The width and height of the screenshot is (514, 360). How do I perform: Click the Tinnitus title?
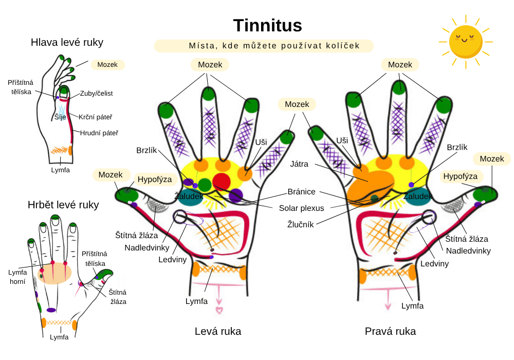pos(267,25)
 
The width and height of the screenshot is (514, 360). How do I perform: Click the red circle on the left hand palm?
pos(222,181)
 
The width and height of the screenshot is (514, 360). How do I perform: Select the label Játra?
pos(299,165)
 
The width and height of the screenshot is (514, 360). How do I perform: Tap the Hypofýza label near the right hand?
pos(460,176)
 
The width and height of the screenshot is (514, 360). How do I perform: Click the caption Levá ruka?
pos(218,331)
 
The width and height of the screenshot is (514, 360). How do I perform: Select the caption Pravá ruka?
pos(390,331)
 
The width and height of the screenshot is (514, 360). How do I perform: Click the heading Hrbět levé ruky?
pos(63,205)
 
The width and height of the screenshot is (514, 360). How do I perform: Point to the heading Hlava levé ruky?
pos(63,42)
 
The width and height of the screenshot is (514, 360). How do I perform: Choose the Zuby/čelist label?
pos(97,93)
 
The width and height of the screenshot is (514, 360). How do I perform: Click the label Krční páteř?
pos(96,117)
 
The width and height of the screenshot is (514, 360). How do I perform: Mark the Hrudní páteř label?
pos(99,133)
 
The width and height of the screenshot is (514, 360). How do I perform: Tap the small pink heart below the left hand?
pos(219,310)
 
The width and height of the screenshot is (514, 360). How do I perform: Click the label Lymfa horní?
pos(17,277)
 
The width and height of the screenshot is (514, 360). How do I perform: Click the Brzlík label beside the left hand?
pos(146,150)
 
